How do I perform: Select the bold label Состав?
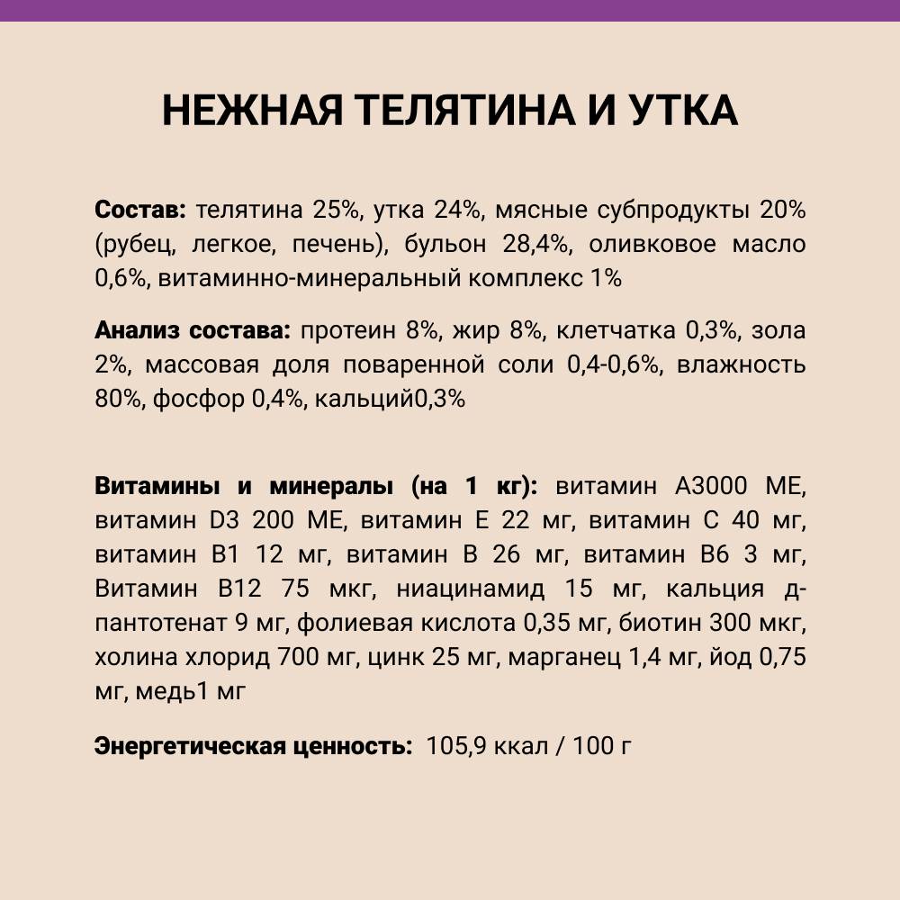pyautogui.click(x=139, y=211)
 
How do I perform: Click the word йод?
pyautogui.click(x=726, y=658)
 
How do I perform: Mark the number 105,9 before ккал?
pyautogui.click(x=458, y=746)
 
